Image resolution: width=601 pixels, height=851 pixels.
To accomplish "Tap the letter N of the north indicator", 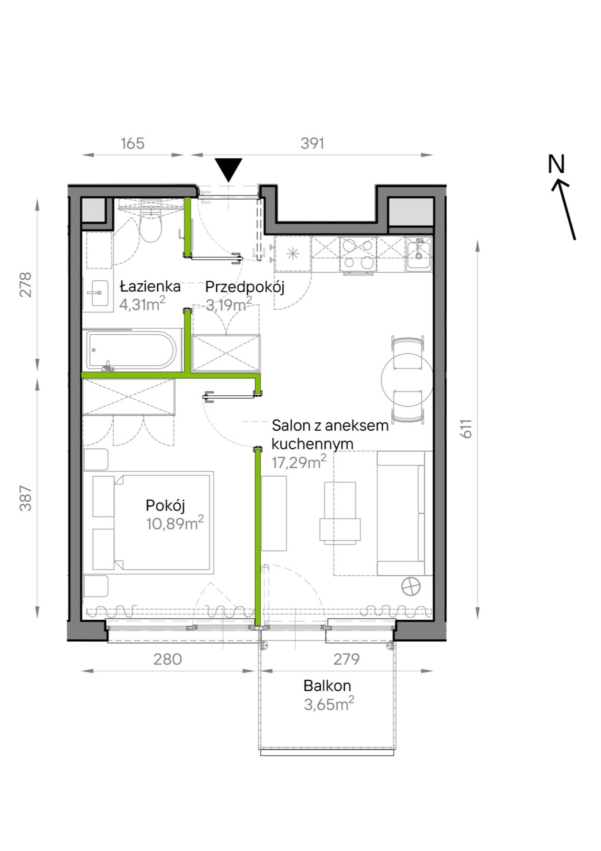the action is [556, 164].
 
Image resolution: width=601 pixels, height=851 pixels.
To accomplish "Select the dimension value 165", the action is [133, 143].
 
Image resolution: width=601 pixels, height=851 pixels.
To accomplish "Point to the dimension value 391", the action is [312, 143].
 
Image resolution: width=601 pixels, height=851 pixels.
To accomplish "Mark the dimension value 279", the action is [346, 660].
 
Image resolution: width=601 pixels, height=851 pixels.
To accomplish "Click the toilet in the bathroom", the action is [151, 223].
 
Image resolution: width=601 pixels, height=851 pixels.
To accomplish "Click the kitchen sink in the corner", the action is [419, 254].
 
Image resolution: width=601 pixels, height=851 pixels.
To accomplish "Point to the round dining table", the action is [407, 379].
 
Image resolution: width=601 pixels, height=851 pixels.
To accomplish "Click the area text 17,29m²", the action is [299, 462].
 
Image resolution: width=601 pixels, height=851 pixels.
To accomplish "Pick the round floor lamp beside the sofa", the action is [411, 587].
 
